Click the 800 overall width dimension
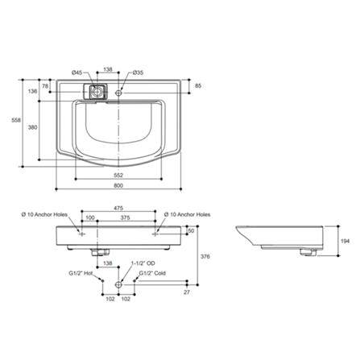[x=118, y=185]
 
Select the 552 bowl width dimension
[x=118, y=176]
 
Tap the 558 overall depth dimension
[x=16, y=121]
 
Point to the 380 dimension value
[x=33, y=127]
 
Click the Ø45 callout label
[x=77, y=72]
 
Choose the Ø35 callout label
[x=138, y=72]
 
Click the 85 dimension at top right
[x=198, y=86]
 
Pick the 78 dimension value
[x=45, y=86]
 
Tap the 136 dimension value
[x=33, y=91]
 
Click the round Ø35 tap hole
[x=118, y=93]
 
